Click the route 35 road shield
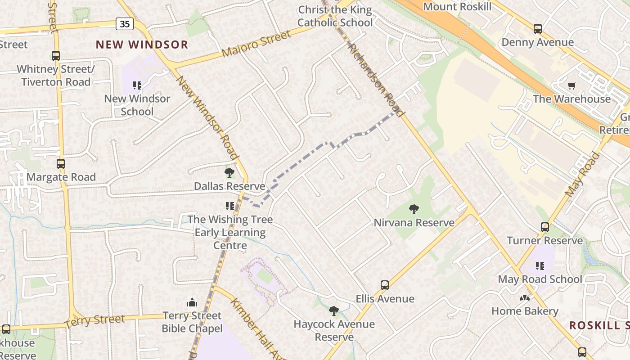124,24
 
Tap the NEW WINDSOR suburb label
142,45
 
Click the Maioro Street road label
256,44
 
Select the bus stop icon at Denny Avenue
537,29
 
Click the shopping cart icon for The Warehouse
572,85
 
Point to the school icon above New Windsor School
137,85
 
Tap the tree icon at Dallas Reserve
229,173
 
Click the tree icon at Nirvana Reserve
414,209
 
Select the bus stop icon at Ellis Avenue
385,285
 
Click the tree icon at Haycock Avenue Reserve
333,310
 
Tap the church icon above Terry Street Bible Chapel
192,302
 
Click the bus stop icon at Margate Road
61,164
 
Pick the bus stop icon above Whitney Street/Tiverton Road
56,56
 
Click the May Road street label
582,175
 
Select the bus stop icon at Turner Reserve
545,227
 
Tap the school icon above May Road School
540,266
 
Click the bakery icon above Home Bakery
524,298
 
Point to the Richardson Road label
376,80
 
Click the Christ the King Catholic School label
335,16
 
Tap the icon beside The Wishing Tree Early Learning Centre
230,206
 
